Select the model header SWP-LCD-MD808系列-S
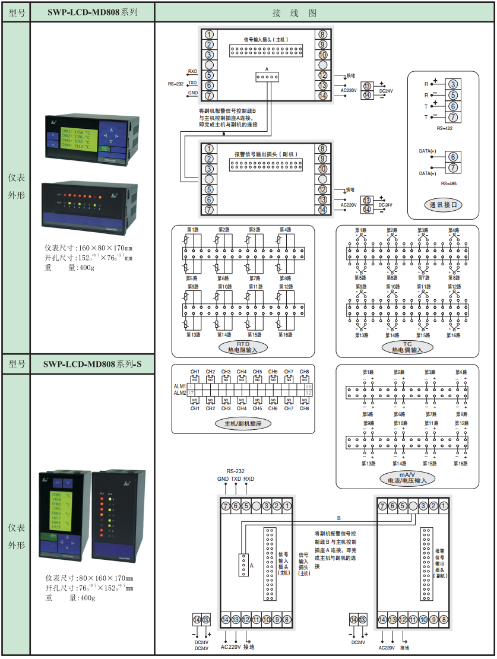click(92, 364)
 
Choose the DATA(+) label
click(428, 152)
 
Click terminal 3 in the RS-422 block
click(452, 84)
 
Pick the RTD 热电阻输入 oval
click(243, 347)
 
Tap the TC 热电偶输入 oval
click(407, 347)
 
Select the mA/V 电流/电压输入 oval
click(407, 478)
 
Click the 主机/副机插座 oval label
click(243, 424)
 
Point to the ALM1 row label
click(179, 386)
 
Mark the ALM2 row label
click(179, 393)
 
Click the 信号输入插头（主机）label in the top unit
click(266, 40)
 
